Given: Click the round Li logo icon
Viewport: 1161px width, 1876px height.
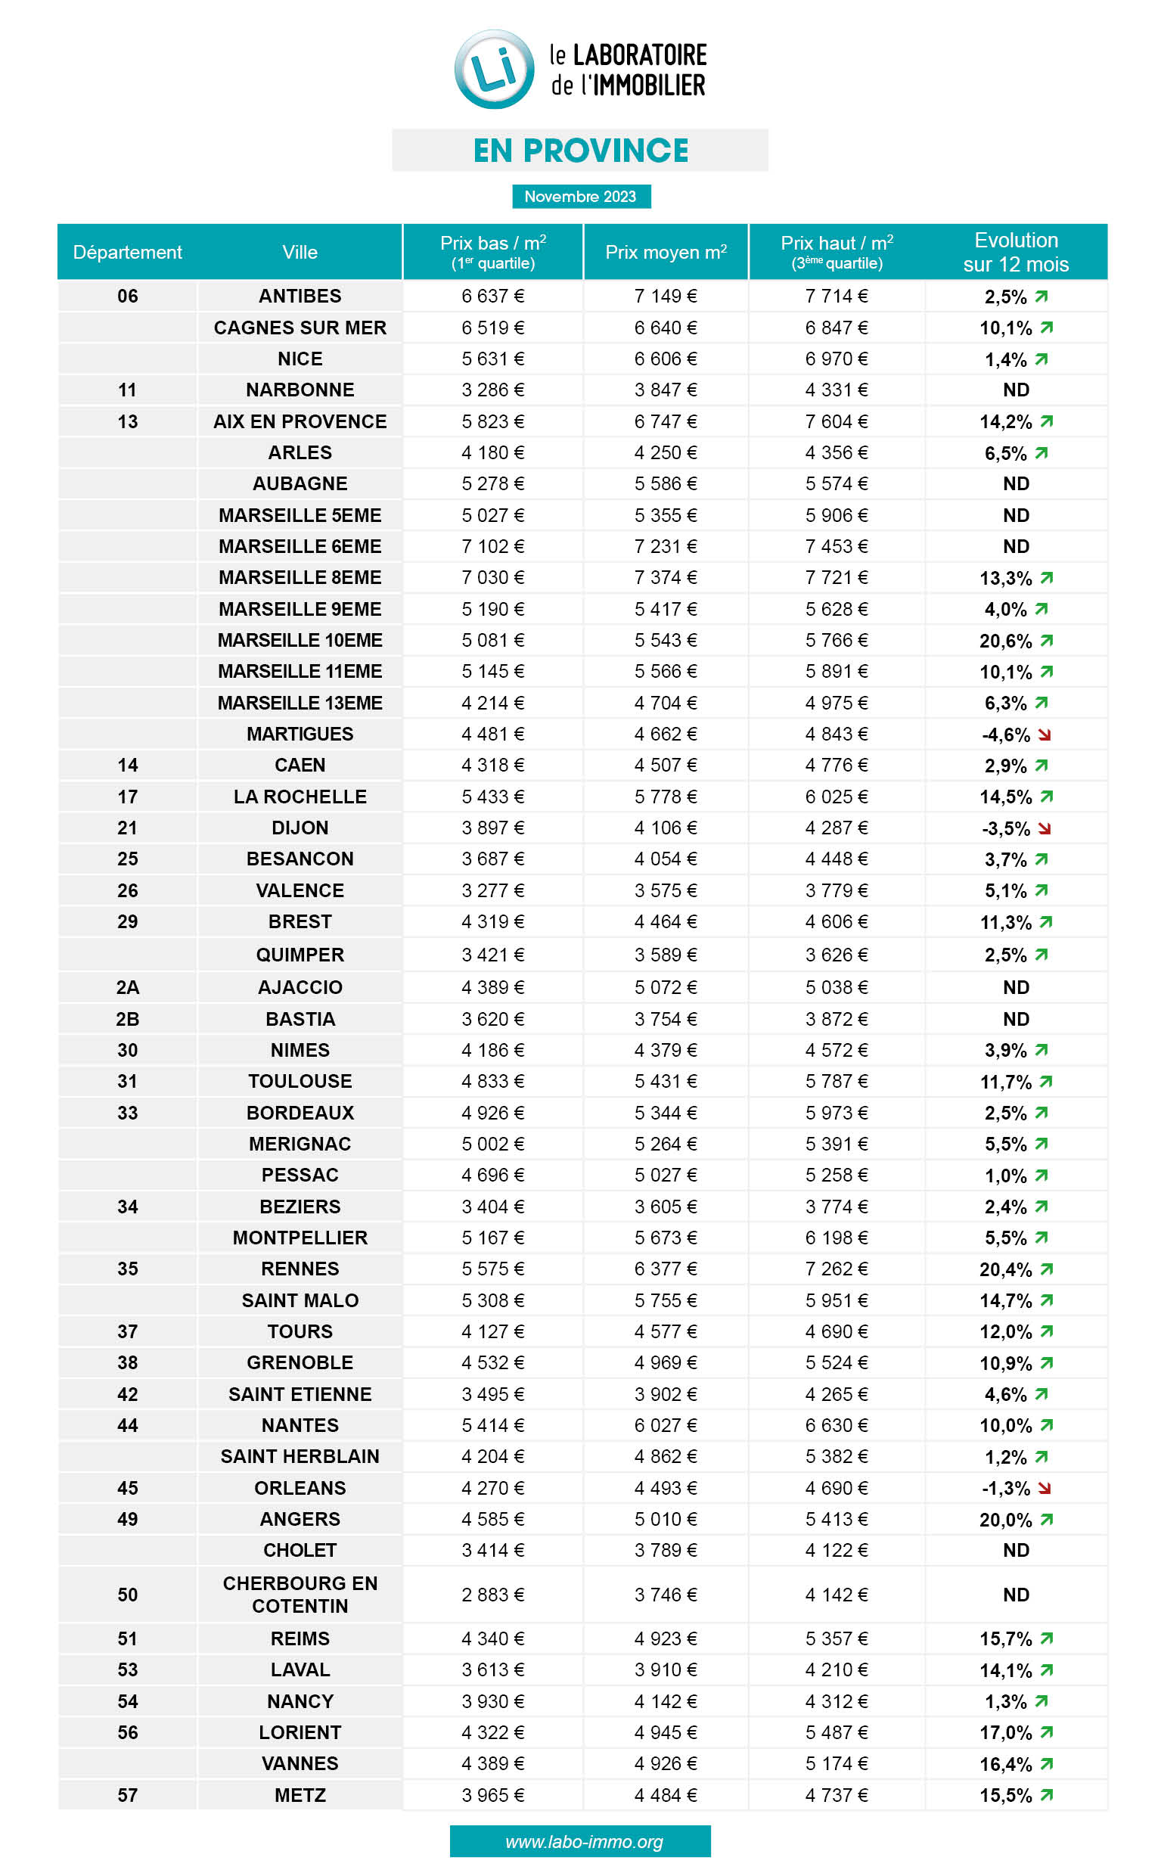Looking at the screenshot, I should pyautogui.click(x=494, y=69).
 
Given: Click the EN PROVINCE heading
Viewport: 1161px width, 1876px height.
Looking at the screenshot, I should pyautogui.click(x=581, y=151).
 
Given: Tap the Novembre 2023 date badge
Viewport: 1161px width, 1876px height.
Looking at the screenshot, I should pyautogui.click(x=581, y=197).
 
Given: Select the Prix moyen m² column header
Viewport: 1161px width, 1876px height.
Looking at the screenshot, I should pyautogui.click(x=666, y=252).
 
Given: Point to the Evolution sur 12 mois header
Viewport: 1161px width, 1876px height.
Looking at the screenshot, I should pyautogui.click(x=1015, y=252).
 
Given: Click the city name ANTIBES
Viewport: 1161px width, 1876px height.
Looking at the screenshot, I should pyautogui.click(x=300, y=296).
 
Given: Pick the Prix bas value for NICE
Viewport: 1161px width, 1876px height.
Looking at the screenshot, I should pyautogui.click(x=493, y=359).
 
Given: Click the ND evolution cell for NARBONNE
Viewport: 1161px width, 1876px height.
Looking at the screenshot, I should pyautogui.click(x=1015, y=390).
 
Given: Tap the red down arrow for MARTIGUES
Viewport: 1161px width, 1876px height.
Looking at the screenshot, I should pyautogui.click(x=1044, y=735).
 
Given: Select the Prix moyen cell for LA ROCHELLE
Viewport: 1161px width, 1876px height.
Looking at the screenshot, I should pyautogui.click(x=666, y=797).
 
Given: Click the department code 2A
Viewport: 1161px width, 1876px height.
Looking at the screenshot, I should pyautogui.click(x=128, y=987).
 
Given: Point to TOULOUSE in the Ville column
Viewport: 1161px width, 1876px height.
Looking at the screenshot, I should pyautogui.click(x=300, y=1081).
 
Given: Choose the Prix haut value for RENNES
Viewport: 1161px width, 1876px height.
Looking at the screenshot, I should pyautogui.click(x=837, y=1269).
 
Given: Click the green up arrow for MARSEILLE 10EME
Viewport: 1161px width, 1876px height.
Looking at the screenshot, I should pyautogui.click(x=1047, y=641).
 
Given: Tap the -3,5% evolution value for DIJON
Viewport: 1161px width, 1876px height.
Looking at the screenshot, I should pyautogui.click(x=1006, y=828).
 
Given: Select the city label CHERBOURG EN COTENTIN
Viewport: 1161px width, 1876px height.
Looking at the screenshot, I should pyautogui.click(x=300, y=1594).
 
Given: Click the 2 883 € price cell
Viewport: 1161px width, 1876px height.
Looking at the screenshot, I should pyautogui.click(x=493, y=1595).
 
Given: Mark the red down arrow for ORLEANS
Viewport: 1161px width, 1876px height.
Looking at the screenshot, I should pyautogui.click(x=1044, y=1488).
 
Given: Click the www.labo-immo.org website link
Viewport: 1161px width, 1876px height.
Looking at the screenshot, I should pyautogui.click(x=584, y=1841).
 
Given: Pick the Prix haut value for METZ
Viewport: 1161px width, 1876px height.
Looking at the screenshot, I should pyautogui.click(x=837, y=1795).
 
